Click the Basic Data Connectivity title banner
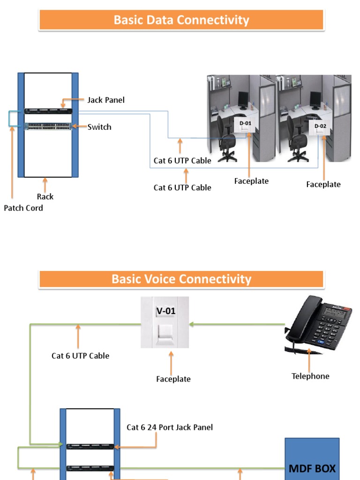coord(181,20)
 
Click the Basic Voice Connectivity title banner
coord(181,279)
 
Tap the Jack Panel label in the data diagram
coord(106,100)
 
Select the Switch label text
coord(99,127)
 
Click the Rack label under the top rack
coord(45,197)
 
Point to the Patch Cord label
coord(23,208)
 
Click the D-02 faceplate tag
coord(320,126)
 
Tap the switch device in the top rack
coord(48,127)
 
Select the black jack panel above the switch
coord(48,111)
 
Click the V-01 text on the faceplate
coord(165,310)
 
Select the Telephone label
coord(310,376)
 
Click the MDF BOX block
coord(312,459)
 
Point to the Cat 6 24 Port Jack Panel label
coord(170,427)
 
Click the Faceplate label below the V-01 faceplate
coord(173,379)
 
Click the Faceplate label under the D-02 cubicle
coord(323,185)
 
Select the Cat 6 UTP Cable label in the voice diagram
coord(80,356)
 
